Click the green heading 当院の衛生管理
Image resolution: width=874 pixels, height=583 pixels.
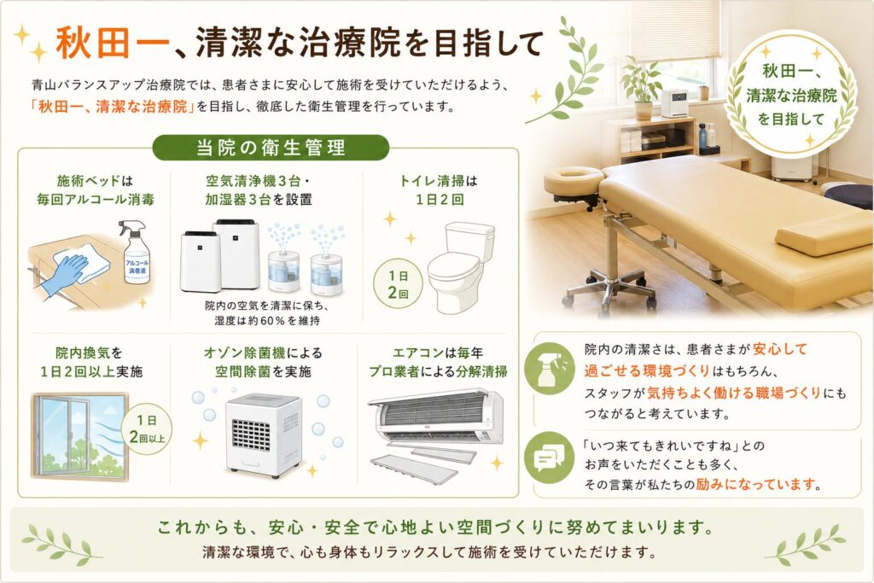click(x=271, y=147)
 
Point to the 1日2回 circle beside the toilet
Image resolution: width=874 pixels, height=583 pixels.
click(x=398, y=284)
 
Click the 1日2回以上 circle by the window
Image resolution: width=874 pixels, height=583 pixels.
click(x=147, y=429)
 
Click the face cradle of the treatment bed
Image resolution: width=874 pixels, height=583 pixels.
click(x=574, y=180)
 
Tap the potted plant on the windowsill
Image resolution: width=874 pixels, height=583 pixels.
click(x=642, y=88)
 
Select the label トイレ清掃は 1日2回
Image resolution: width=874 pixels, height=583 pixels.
click(x=439, y=190)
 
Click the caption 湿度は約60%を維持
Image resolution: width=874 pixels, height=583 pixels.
click(x=267, y=321)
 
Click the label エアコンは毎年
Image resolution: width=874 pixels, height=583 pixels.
click(x=438, y=353)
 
